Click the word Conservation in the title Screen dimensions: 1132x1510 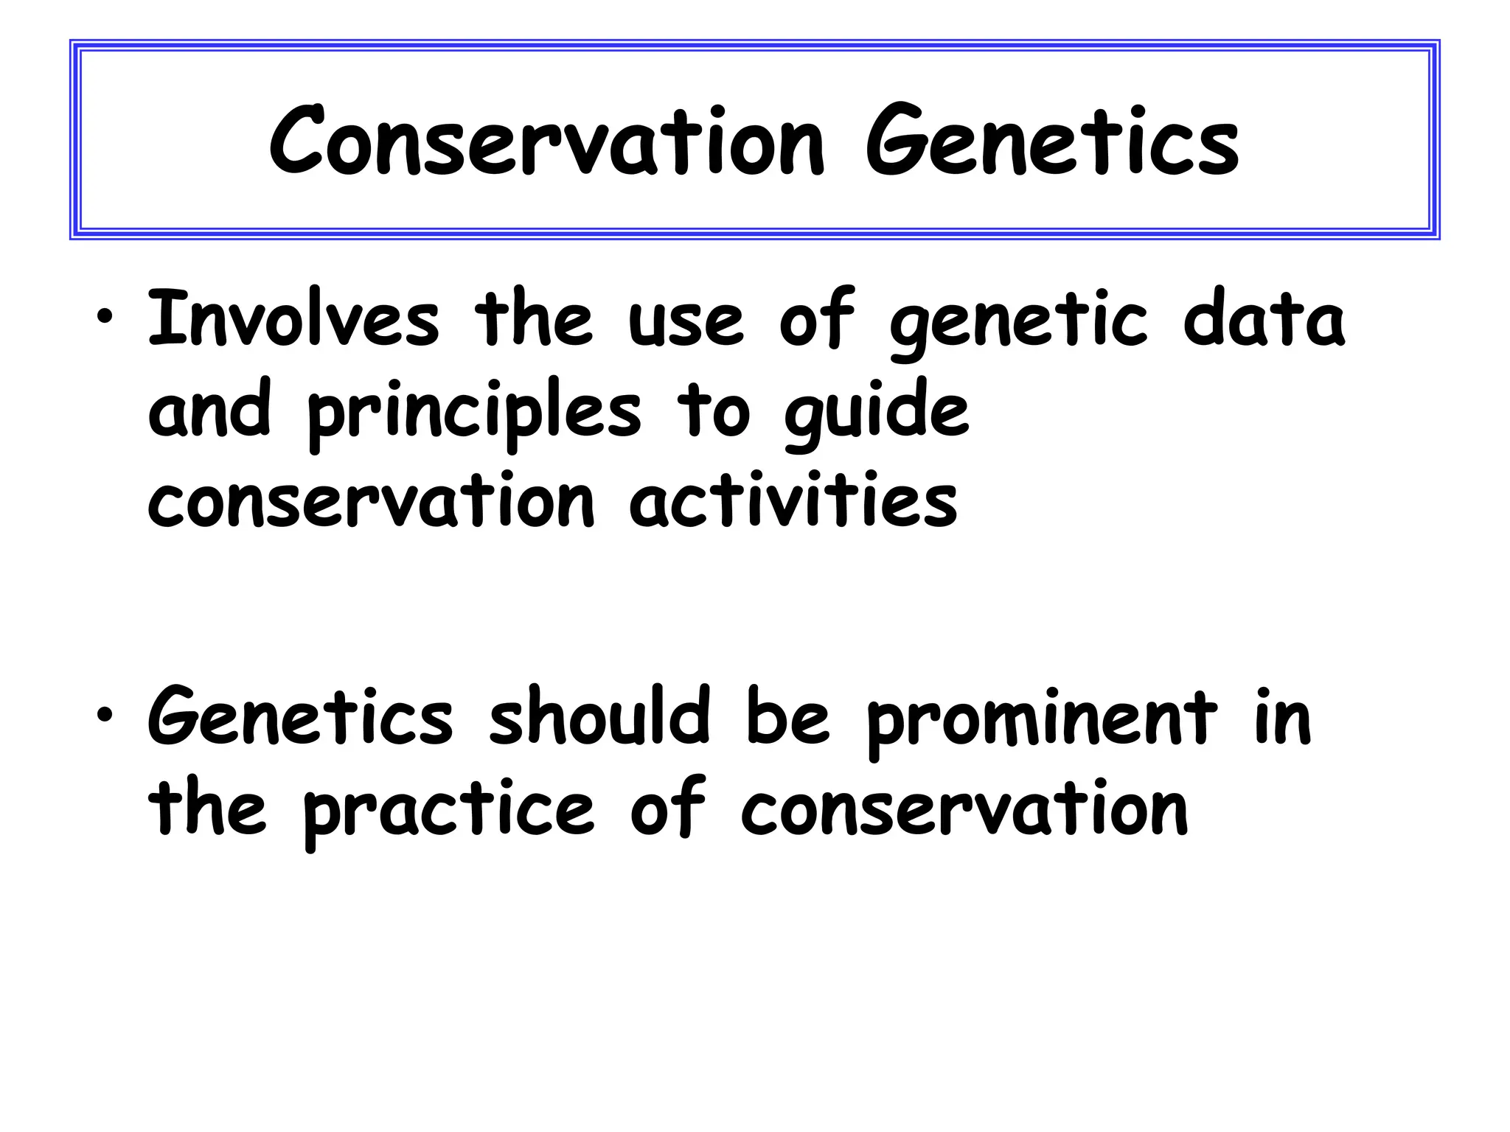tap(546, 141)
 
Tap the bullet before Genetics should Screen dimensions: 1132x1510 tap(107, 714)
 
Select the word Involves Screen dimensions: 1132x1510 tap(293, 319)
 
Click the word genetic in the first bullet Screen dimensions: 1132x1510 tap(1019, 324)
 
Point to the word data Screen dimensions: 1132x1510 tap(1264, 319)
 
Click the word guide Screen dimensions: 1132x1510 tap(877, 413)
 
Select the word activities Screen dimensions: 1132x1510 tap(793, 501)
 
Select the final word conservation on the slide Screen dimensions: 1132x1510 tap(964, 811)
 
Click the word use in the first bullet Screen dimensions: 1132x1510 tap(686, 324)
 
